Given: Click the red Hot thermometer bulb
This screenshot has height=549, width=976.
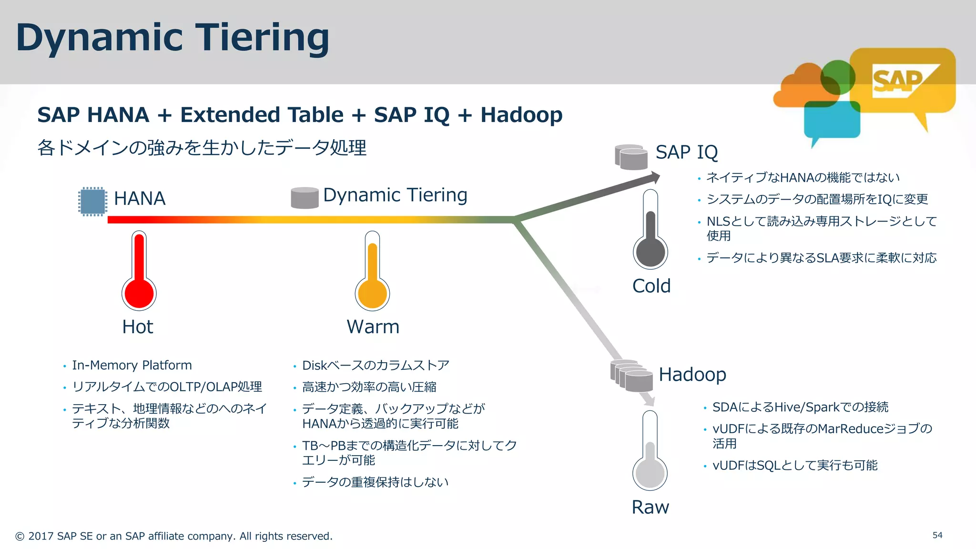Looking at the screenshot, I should [x=139, y=294].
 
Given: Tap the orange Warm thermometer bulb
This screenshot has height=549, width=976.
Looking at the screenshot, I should [x=372, y=294].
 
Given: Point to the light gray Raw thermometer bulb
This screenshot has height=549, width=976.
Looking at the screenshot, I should [x=650, y=473].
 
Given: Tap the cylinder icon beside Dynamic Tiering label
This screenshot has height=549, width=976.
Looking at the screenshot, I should [x=305, y=197].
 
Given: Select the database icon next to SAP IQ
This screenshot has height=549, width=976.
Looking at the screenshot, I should [x=631, y=157].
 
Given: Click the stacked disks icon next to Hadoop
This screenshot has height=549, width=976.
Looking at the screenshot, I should [x=632, y=376].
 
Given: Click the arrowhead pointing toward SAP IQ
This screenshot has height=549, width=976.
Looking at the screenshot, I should [x=654, y=178].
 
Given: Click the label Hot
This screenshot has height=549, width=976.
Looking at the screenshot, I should [x=137, y=327].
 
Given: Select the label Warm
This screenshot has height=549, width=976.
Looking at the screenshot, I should [x=373, y=327].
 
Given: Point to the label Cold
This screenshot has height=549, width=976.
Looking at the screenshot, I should [x=651, y=286].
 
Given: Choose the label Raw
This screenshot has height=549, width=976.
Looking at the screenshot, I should [x=650, y=507].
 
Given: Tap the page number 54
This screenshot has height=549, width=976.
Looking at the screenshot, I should [x=937, y=535].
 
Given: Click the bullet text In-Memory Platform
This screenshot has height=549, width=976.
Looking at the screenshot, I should [x=132, y=366].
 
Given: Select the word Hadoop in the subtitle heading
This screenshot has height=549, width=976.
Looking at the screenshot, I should [x=521, y=115].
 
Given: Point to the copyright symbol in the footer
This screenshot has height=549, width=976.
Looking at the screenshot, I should [x=20, y=537].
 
